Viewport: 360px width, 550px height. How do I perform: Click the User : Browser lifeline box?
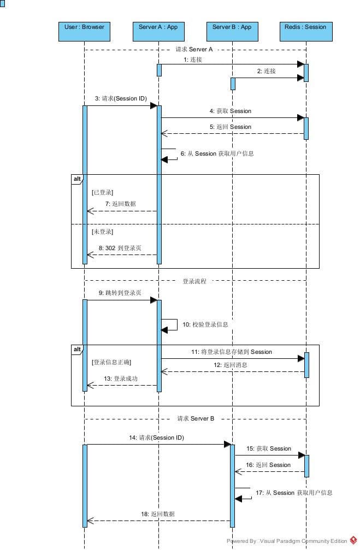[x=84, y=31]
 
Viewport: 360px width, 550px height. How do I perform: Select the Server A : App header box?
[x=158, y=31]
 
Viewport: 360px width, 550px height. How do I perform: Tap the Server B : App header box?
[x=232, y=31]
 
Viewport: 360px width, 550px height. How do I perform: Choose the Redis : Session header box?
[x=305, y=31]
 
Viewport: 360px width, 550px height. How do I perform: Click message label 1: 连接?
[x=193, y=60]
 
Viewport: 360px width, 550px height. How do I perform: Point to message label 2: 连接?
[x=267, y=71]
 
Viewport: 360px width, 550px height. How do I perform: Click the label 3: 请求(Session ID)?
[x=121, y=98]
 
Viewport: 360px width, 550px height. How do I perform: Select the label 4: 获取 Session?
[x=230, y=111]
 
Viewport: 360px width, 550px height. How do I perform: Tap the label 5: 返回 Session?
[x=230, y=127]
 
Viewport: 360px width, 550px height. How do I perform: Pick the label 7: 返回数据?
[x=120, y=204]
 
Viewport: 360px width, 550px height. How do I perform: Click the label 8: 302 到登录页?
[x=120, y=247]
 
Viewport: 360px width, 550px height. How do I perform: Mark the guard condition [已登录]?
[x=103, y=192]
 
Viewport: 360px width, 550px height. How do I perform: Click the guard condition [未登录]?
[x=103, y=232]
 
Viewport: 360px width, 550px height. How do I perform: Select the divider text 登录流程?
[x=194, y=281]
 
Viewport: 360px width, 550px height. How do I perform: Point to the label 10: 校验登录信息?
[x=205, y=324]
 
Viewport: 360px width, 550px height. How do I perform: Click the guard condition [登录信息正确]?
[x=112, y=362]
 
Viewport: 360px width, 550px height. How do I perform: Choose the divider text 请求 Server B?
[x=196, y=418]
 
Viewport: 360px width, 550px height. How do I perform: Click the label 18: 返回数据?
[x=158, y=514]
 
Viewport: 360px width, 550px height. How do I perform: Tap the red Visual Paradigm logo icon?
[x=353, y=541]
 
